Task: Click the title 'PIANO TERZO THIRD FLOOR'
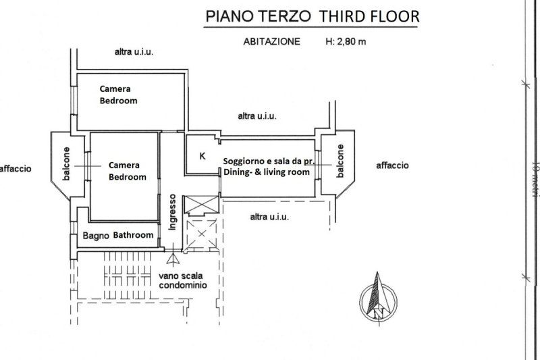(x=311, y=15)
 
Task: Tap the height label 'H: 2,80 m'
(x=346, y=41)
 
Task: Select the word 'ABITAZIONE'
(x=272, y=41)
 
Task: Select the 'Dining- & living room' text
(x=267, y=173)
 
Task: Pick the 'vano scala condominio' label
(x=183, y=280)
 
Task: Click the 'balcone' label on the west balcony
(x=66, y=164)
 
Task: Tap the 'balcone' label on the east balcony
(x=340, y=161)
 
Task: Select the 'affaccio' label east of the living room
(x=392, y=165)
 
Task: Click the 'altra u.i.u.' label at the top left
(x=134, y=52)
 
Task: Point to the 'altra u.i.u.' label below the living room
(x=269, y=217)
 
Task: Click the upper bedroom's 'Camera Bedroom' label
(x=118, y=95)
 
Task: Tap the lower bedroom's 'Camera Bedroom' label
(x=127, y=171)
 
